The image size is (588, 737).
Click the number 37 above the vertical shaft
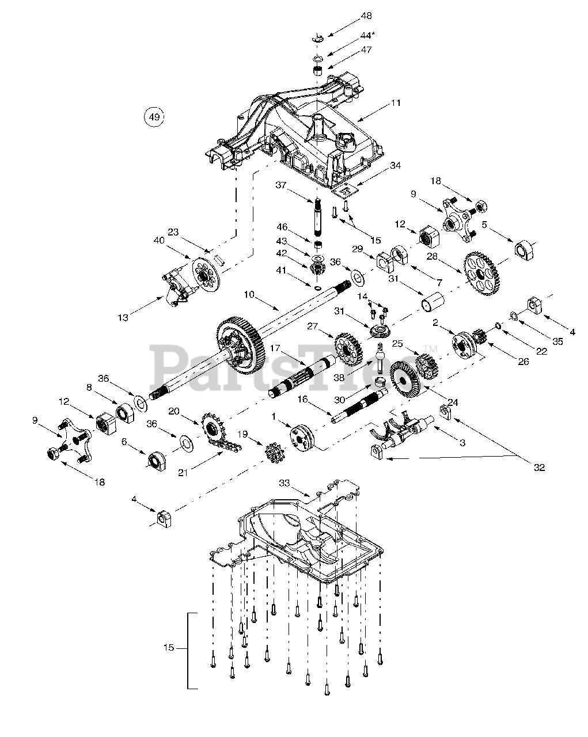280,185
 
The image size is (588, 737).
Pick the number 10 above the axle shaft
249,295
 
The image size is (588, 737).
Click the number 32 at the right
539,468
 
